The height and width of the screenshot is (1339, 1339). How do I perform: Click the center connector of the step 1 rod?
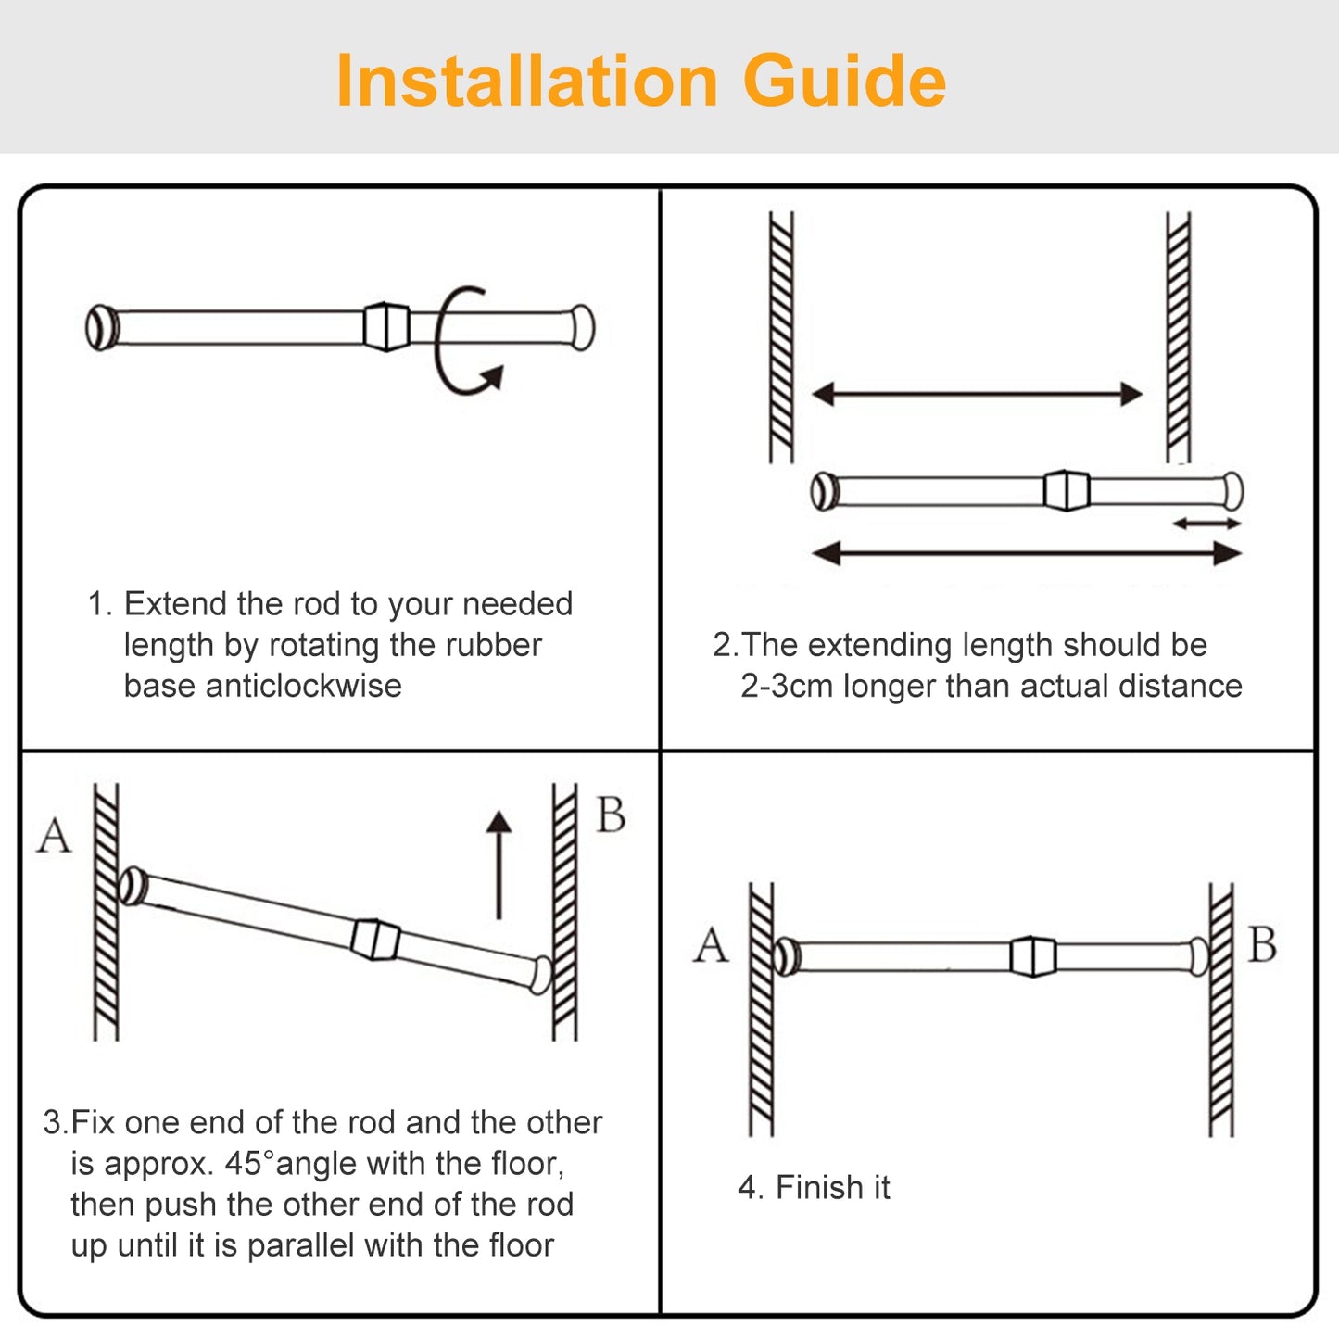pos(386,326)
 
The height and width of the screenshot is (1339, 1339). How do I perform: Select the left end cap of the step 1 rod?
pos(101,327)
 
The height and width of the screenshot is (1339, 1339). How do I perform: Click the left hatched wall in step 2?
pos(781,337)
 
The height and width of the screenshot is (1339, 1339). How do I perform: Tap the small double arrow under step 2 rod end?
pos(1206,524)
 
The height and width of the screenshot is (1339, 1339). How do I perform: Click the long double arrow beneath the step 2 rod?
pos(1026,554)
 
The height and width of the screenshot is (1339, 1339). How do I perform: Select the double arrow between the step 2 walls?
pos(977,394)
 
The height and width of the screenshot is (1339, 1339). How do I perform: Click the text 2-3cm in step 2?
pos(786,686)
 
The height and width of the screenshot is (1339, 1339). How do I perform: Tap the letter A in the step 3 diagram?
pos(54,836)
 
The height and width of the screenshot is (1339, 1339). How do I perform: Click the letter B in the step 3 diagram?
pos(611,815)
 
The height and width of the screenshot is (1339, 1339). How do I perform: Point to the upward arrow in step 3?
pos(499,865)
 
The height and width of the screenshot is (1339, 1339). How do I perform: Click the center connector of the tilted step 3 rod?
pos(375,939)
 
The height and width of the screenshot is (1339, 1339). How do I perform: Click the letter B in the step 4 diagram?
pos(1262,945)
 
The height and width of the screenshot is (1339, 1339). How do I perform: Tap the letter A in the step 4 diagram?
pos(711,946)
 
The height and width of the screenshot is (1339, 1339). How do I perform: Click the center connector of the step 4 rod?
pos(1032,956)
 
